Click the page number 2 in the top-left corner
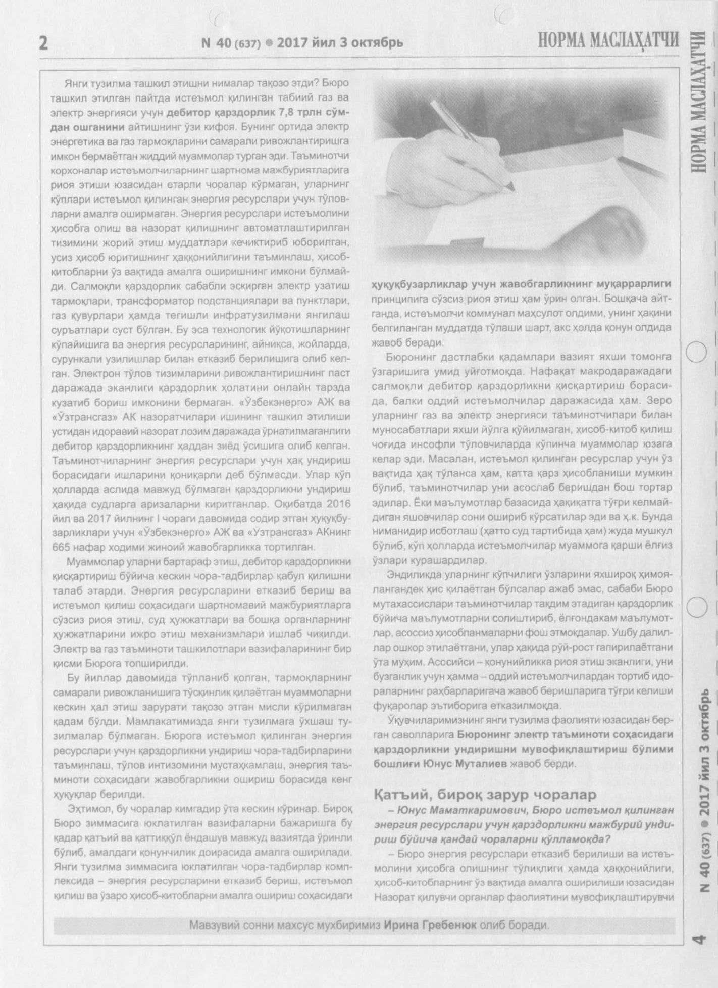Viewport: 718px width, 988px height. pos(44,43)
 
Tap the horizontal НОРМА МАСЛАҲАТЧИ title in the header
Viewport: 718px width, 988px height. pos(608,40)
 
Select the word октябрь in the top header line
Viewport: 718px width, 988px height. pos(377,43)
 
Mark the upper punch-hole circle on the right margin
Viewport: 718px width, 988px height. pos(697,352)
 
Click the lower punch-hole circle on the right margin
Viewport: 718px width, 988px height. pos(697,607)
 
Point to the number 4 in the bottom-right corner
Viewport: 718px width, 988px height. pos(699,940)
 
